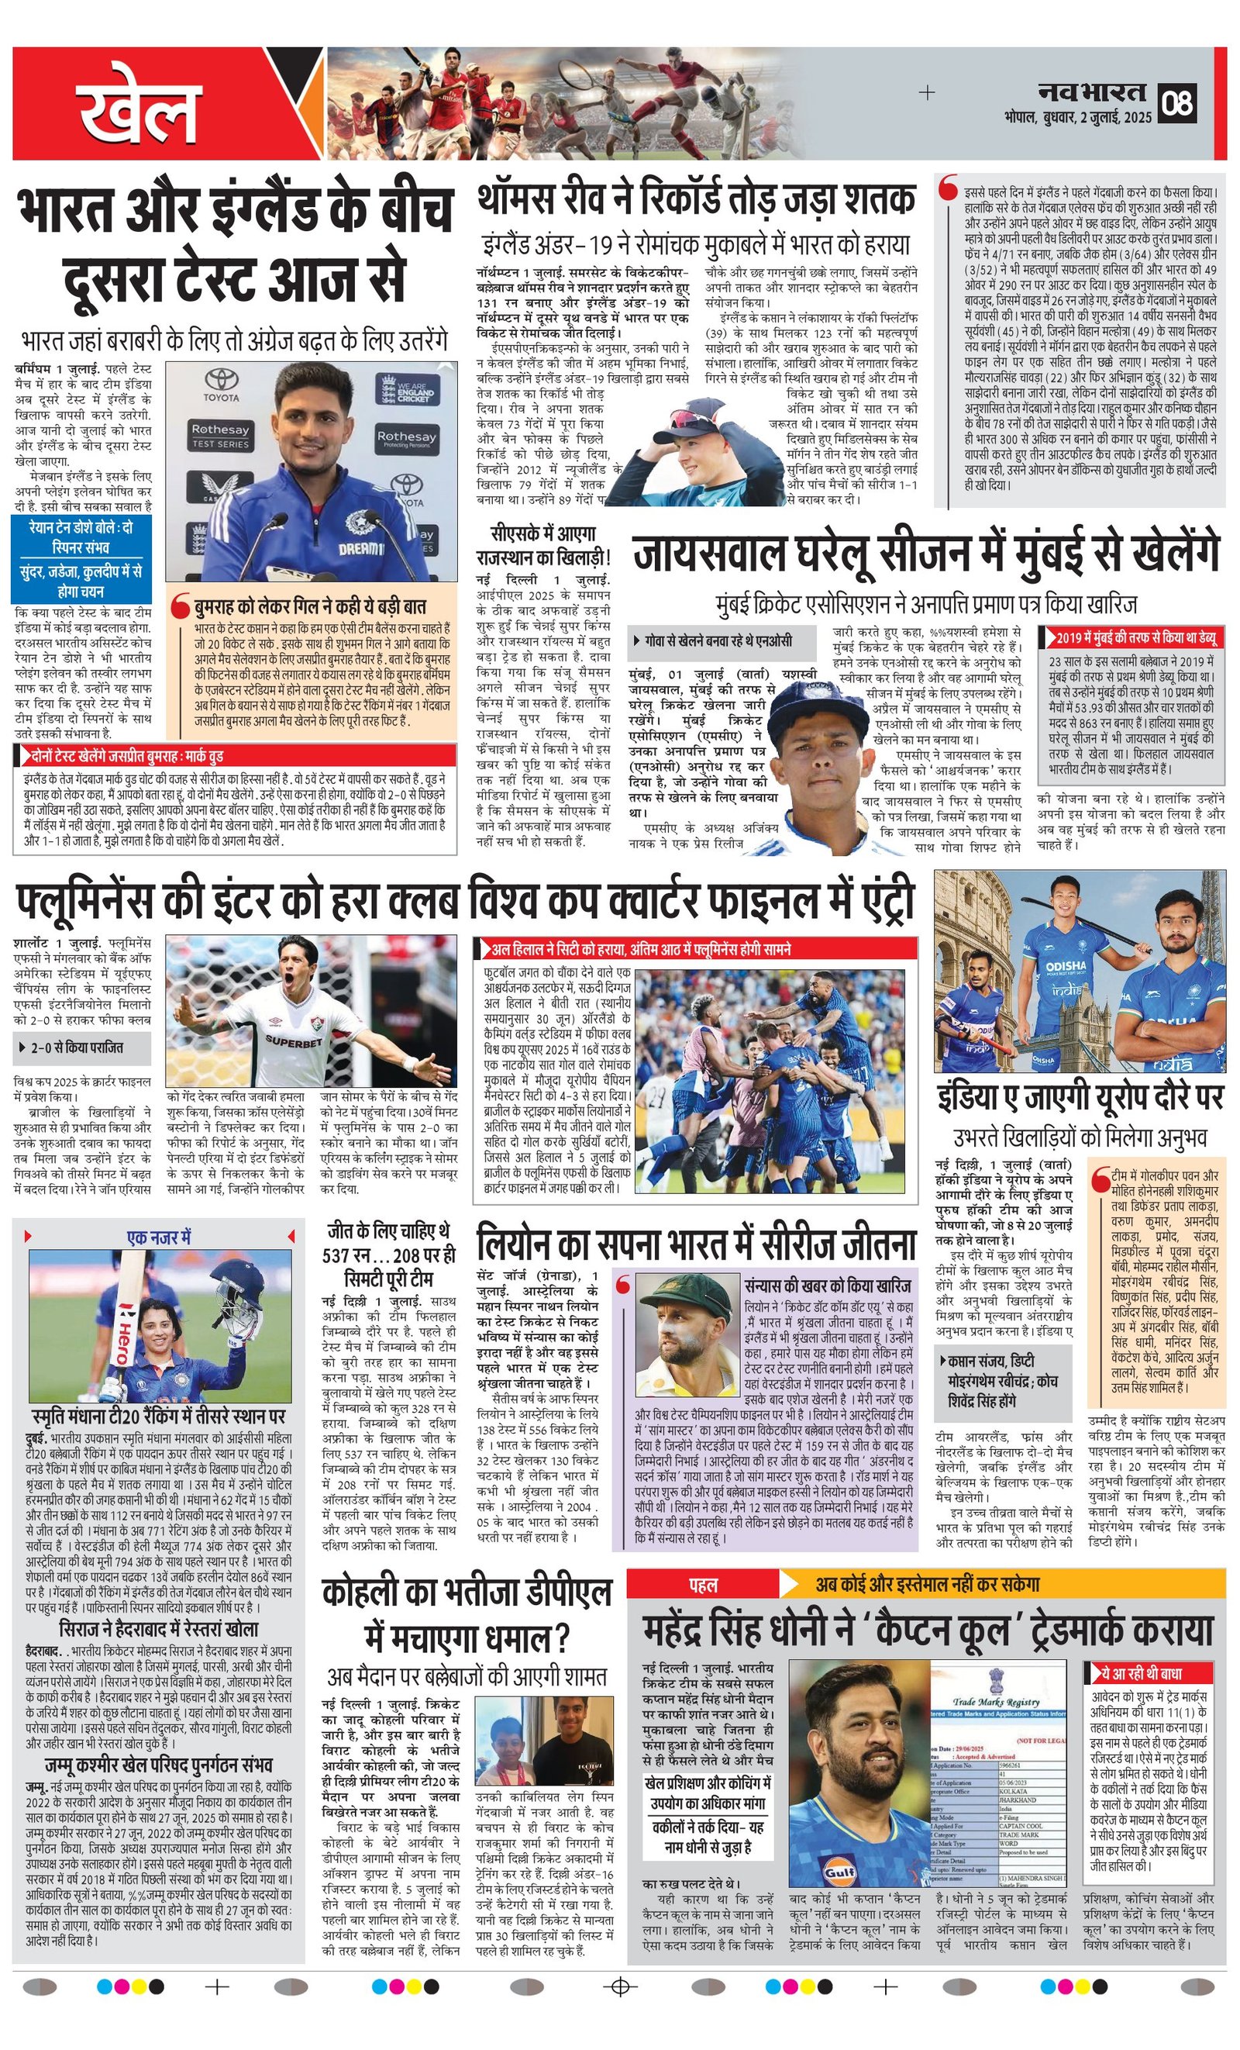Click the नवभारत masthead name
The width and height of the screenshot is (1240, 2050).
coord(1092,92)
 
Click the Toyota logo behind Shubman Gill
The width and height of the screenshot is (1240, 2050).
coord(221,383)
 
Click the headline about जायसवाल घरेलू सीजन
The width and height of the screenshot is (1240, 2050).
coord(925,554)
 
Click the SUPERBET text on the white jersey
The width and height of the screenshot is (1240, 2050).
coord(294,1041)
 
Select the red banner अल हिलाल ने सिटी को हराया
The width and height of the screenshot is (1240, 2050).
coord(640,949)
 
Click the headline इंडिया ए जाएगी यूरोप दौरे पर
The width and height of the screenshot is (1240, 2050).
coord(1080,1097)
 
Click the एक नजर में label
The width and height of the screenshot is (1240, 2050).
coord(160,1237)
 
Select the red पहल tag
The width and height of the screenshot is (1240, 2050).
coord(703,1586)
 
